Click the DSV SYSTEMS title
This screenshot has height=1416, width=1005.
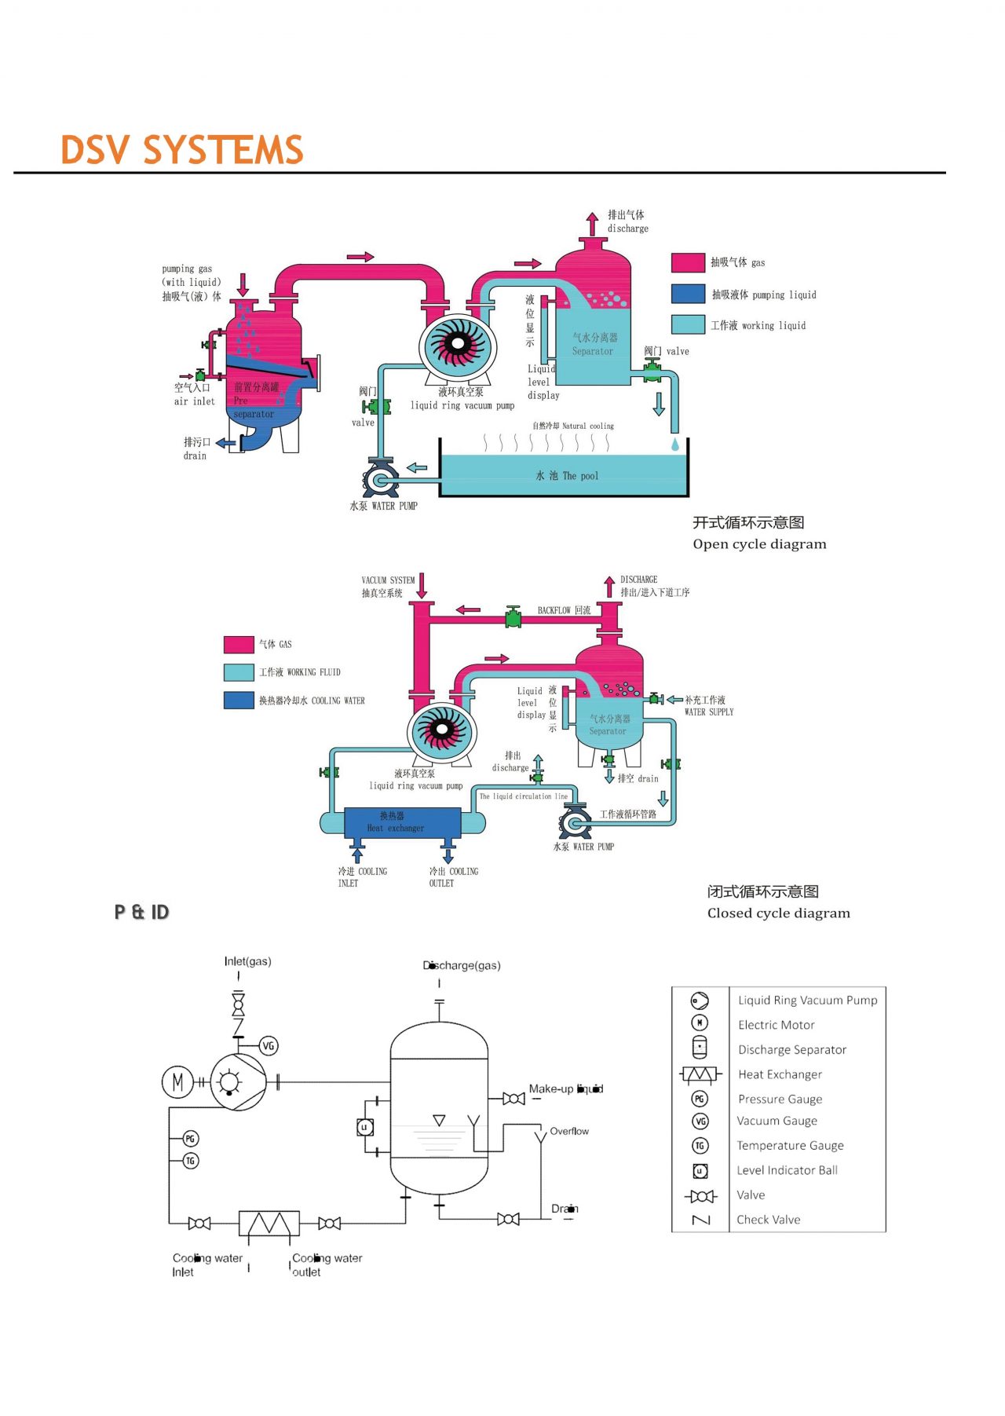181,150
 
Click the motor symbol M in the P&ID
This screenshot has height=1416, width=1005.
177,1082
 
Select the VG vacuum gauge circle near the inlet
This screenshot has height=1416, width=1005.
269,1045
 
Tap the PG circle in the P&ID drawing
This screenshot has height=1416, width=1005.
190,1138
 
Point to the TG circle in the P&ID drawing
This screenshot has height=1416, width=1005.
190,1160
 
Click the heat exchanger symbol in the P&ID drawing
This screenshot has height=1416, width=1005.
269,1224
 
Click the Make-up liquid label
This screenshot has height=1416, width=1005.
565,1089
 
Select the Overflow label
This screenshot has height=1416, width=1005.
568,1131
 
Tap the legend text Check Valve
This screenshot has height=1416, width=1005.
768,1220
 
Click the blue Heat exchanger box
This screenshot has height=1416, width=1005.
402,822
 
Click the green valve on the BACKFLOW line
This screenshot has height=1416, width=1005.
513,617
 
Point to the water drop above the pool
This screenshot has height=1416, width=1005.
674,445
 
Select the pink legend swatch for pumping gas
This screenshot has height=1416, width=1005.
688,262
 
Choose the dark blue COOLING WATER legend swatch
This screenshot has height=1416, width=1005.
239,700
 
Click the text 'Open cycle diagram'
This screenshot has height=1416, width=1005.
759,544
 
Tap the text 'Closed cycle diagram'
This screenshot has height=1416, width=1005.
778,913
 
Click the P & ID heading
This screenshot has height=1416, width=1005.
141,912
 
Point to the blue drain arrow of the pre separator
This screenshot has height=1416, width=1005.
226,443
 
